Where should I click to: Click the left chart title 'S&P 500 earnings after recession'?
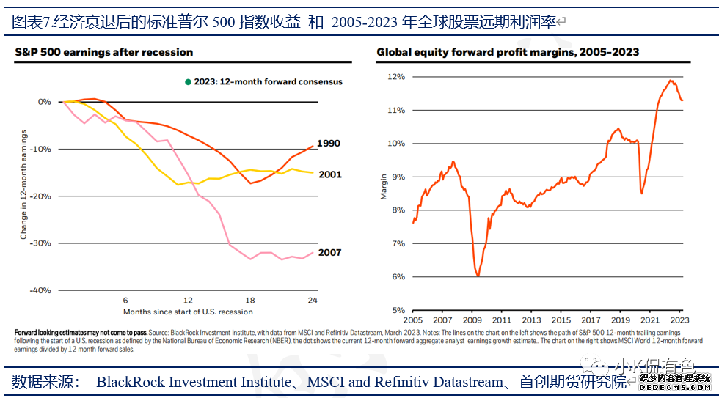[x=104, y=52]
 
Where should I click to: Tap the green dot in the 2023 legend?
[x=188, y=82]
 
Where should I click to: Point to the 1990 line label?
[x=328, y=144]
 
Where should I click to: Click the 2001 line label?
[x=329, y=174]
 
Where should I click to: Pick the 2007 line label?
[x=329, y=253]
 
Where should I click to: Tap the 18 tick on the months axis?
[x=250, y=301]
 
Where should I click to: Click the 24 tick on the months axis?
[x=313, y=301]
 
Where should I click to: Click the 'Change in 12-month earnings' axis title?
[x=23, y=185]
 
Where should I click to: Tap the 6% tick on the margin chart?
[x=397, y=276]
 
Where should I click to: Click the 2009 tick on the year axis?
[x=472, y=320]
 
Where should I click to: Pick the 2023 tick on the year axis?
[x=679, y=320]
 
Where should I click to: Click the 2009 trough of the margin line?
[x=478, y=276]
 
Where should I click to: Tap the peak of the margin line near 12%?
[x=671, y=81]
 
